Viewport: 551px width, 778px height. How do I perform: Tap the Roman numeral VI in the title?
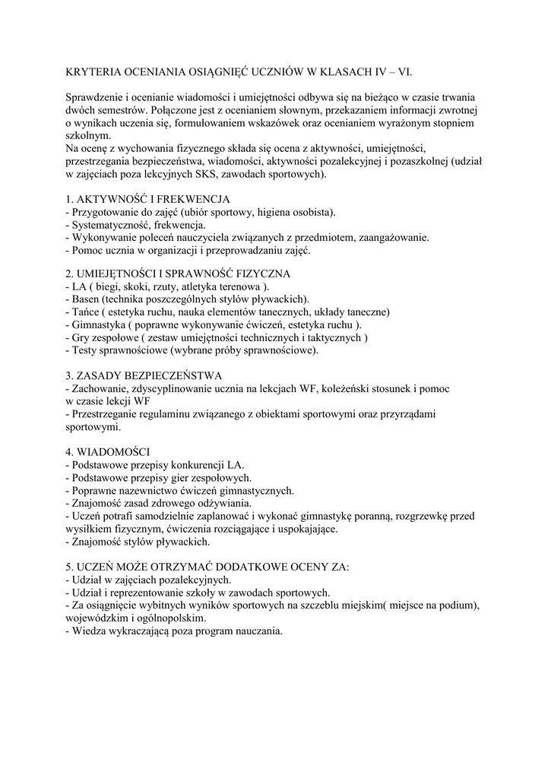tap(410, 71)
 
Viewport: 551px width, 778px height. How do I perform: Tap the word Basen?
tap(86, 299)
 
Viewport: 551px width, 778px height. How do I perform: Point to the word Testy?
tap(84, 350)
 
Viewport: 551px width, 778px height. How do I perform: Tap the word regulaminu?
tap(160, 414)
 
